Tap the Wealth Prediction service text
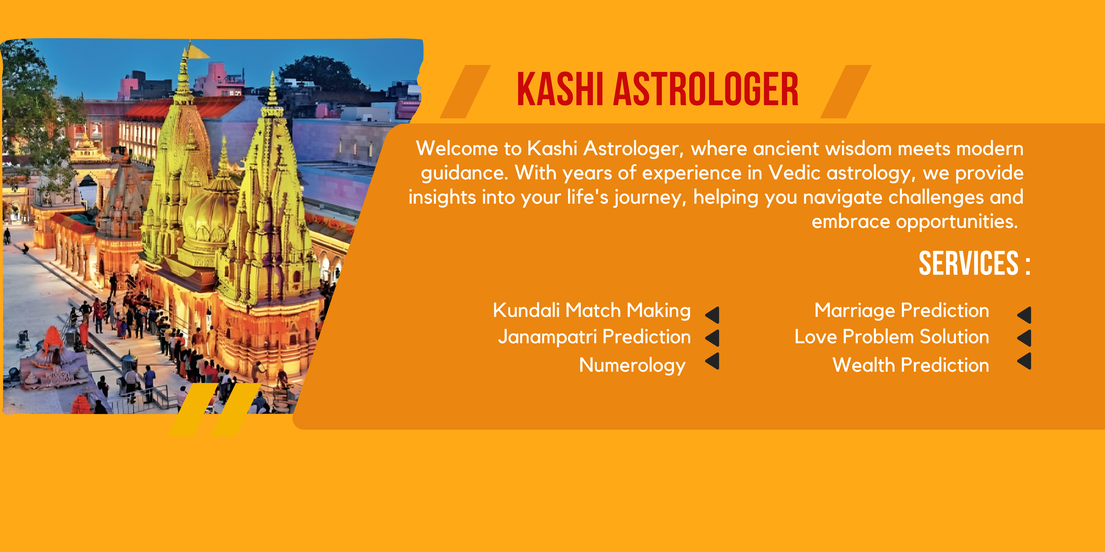click(x=911, y=365)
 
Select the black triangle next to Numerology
click(x=713, y=361)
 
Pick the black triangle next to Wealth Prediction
click(x=1025, y=361)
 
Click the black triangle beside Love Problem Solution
click(x=1025, y=338)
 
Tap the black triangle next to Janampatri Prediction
click(x=713, y=338)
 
